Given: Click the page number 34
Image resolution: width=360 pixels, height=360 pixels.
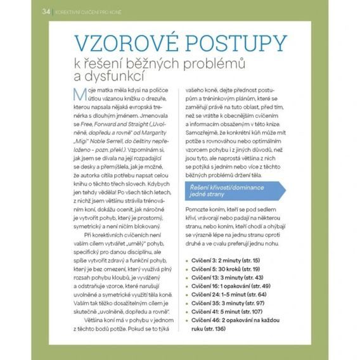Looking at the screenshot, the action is click(x=45, y=11).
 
